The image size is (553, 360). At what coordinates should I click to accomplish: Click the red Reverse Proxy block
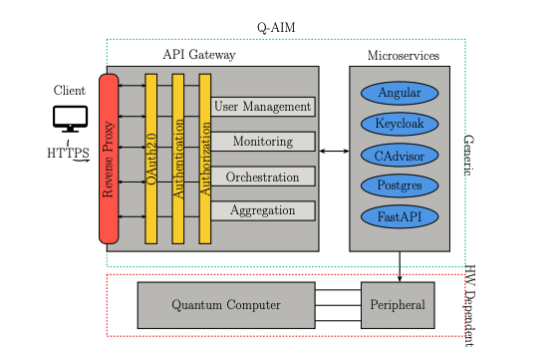click(109, 158)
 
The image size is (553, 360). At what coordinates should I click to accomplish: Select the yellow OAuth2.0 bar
click(151, 158)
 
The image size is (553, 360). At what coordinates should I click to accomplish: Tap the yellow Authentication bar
click(178, 158)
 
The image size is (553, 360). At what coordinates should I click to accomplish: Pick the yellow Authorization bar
click(205, 158)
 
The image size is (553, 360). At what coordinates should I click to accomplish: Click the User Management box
click(263, 107)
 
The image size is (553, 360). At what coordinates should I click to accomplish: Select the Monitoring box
click(263, 142)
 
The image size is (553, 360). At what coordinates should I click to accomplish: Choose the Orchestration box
click(263, 177)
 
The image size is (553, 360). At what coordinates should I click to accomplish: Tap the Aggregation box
click(263, 210)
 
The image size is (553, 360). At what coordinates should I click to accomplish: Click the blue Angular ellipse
click(399, 93)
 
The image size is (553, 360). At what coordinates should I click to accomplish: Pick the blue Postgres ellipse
click(399, 185)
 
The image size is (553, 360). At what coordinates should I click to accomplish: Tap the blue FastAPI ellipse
click(399, 216)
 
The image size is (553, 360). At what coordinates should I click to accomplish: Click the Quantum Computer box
click(224, 304)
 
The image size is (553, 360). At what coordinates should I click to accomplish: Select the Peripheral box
click(399, 304)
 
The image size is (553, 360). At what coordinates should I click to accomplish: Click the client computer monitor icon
click(71, 119)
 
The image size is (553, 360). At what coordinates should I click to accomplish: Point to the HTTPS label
click(68, 154)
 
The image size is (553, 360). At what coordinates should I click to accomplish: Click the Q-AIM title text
click(275, 27)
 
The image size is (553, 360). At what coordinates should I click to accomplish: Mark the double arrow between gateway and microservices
click(333, 151)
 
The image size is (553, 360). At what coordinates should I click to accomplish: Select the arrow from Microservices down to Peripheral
click(400, 266)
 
